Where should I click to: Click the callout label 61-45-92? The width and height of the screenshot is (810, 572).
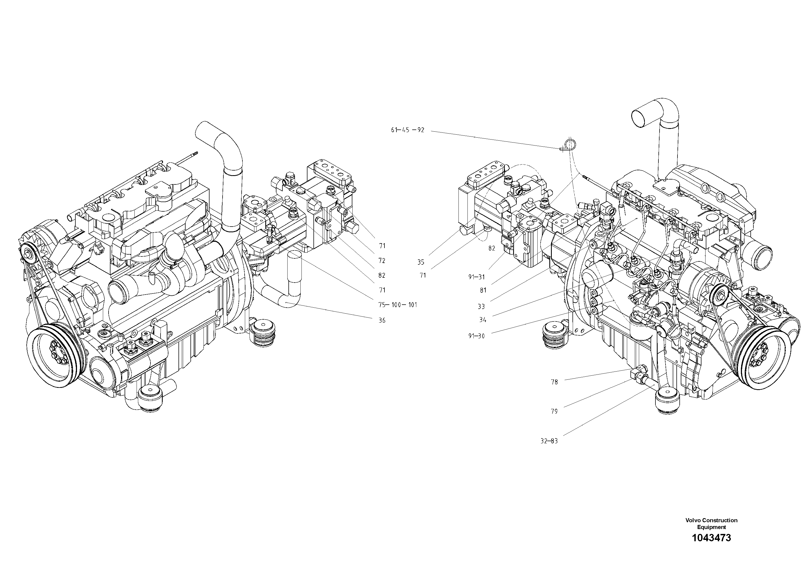tap(408, 130)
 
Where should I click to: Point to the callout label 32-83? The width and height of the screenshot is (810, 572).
tap(549, 441)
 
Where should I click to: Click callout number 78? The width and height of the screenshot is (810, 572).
tap(554, 382)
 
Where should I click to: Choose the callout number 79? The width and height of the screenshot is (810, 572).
tap(554, 412)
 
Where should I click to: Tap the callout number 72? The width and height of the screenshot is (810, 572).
tap(382, 261)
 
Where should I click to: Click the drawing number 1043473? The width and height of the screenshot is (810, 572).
tap(711, 548)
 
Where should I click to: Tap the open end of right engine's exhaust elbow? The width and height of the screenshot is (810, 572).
tap(643, 118)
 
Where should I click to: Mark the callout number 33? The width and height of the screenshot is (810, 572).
tap(481, 307)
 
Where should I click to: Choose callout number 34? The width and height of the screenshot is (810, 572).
tap(483, 320)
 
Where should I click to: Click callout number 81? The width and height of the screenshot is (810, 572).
tap(483, 290)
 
